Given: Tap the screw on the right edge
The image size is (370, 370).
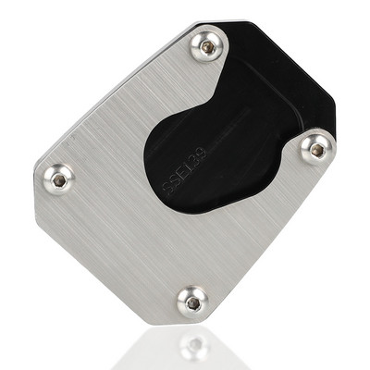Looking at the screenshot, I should coord(316,146).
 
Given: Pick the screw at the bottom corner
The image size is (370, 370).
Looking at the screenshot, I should coord(192,299).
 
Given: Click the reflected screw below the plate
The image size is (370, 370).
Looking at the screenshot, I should coord(193,346).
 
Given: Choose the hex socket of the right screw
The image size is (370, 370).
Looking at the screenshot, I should coord(316,146).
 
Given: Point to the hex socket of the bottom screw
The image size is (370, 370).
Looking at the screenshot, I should coord(192,299).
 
